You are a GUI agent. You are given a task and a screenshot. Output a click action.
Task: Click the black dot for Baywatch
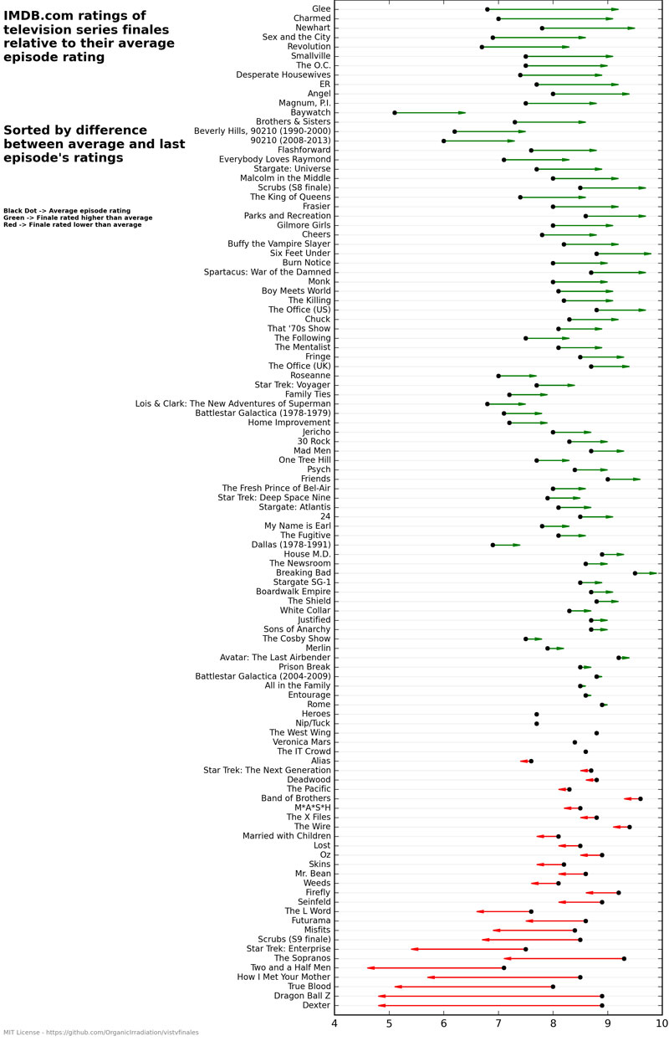point(395,112)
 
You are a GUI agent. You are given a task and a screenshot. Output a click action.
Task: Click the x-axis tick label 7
point(498,1023)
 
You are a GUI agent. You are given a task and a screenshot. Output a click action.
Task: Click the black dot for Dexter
point(601,1005)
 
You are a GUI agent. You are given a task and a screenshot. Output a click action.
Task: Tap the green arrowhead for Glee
point(615,9)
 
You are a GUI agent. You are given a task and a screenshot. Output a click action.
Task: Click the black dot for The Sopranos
point(624,958)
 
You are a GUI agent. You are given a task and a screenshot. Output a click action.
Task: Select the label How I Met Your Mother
point(283,977)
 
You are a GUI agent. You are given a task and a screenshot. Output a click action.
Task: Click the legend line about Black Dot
point(67,210)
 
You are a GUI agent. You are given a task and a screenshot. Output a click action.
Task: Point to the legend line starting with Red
point(72,225)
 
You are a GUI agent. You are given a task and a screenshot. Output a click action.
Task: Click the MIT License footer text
point(100,1033)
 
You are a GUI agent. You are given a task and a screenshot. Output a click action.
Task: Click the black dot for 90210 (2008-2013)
point(443,141)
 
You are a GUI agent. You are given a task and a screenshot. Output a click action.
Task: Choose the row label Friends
point(315,479)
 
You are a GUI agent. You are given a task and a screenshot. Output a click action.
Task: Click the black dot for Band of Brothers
point(641,798)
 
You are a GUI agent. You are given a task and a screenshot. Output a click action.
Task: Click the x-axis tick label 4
point(335,1023)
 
